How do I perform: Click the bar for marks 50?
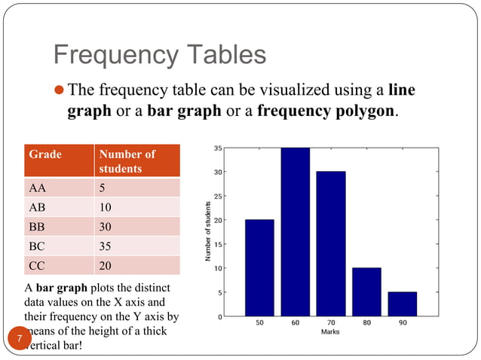259,267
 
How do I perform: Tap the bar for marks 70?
331,243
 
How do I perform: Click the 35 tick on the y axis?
217,148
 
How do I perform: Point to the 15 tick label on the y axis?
217,244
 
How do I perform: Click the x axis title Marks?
330,331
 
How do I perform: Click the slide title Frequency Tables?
159,54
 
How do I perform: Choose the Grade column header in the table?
45,154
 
